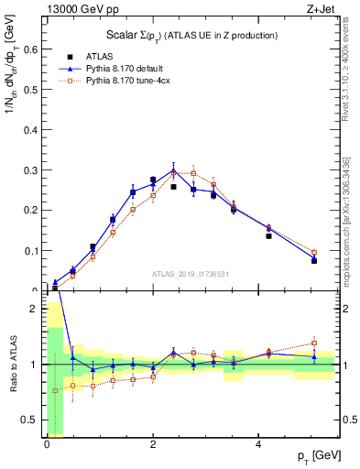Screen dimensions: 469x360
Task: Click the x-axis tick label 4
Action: pyautogui.click(x=259, y=445)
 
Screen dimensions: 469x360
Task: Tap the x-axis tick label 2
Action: pyautogui.click(x=153, y=445)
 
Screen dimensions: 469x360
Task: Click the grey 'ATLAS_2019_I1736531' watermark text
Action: pyautogui.click(x=191, y=274)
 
